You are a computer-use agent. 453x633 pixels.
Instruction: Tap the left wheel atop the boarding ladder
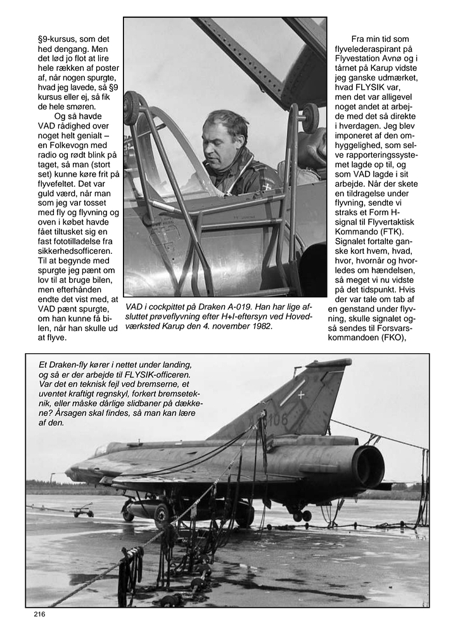click(132, 108)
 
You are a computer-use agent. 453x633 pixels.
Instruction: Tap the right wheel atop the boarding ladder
click(310, 116)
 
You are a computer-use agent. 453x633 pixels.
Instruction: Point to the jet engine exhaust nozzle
click(369, 467)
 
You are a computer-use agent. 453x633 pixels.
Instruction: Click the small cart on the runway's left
click(82, 509)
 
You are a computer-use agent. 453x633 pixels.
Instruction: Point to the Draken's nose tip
click(67, 472)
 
